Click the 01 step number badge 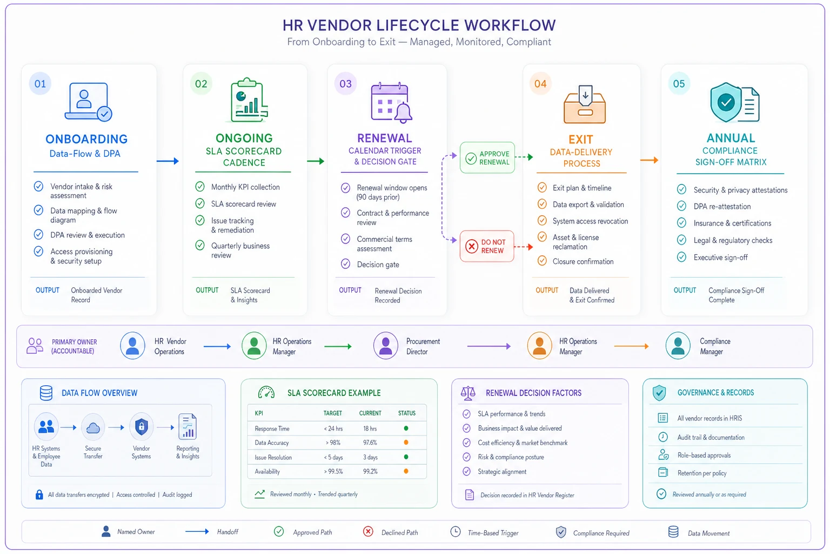pyautogui.click(x=40, y=83)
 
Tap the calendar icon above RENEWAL pyautogui.click(x=391, y=102)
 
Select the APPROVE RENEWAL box pyautogui.click(x=487, y=157)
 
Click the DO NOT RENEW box pyautogui.click(x=487, y=246)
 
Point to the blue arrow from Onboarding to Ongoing pyautogui.click(x=168, y=161)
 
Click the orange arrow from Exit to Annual pyautogui.click(x=649, y=160)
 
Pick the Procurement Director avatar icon pyautogui.click(x=385, y=346)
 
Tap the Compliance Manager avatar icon pyautogui.click(x=678, y=346)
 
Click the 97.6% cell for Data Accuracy pyautogui.click(x=370, y=443)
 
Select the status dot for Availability pyautogui.click(x=406, y=471)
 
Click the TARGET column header pyautogui.click(x=333, y=413)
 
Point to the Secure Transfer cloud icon pyautogui.click(x=92, y=428)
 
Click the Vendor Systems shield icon pyautogui.click(x=141, y=427)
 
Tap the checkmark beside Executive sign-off pyautogui.click(x=681, y=257)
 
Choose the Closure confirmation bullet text pyautogui.click(x=583, y=261)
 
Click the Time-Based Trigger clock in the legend pyautogui.click(x=456, y=532)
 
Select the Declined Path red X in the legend pyautogui.click(x=368, y=532)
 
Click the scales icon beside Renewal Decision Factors pyautogui.click(x=468, y=393)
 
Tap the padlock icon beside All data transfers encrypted pyautogui.click(x=39, y=494)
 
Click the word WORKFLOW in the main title pyautogui.click(x=510, y=25)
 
